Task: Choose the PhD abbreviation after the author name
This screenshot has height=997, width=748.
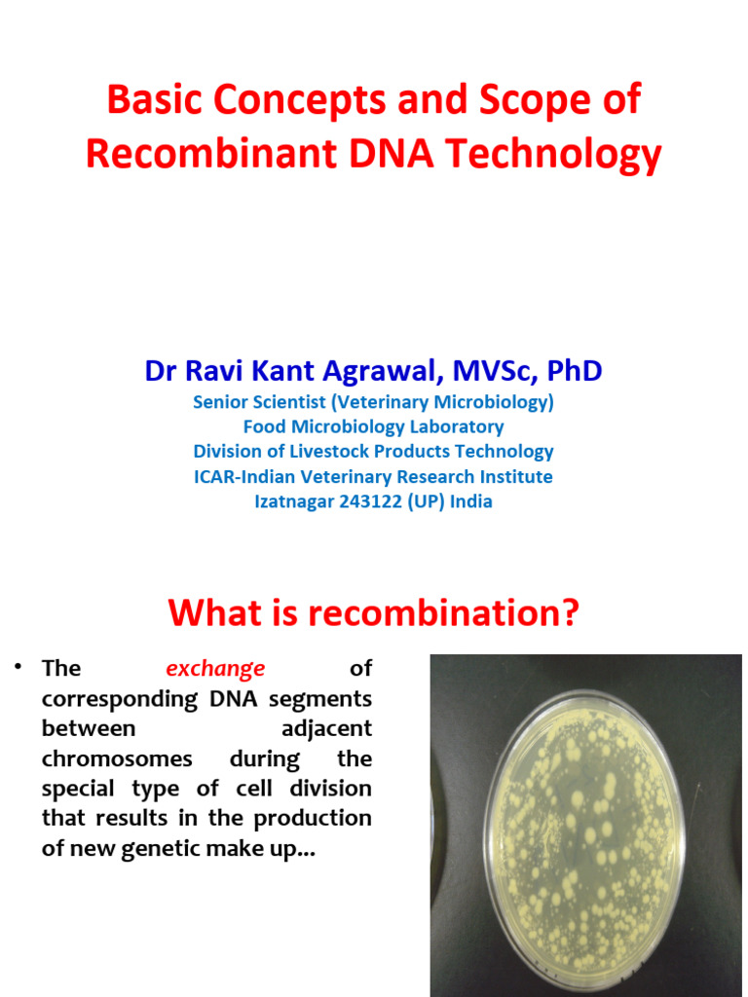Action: tap(574, 371)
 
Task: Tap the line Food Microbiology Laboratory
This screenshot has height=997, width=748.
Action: tap(373, 426)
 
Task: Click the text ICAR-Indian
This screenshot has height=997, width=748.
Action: tap(245, 477)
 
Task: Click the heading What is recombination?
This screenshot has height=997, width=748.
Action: tap(373, 613)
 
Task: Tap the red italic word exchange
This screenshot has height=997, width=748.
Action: tap(215, 669)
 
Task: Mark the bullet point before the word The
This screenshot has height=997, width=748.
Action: tap(18, 668)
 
